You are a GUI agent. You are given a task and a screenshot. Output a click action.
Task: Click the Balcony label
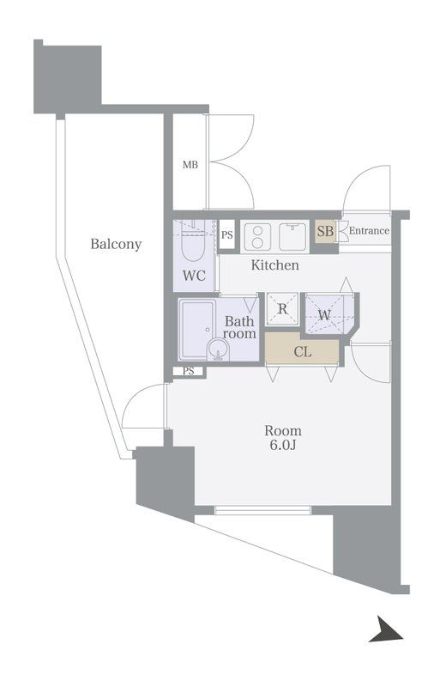(x=116, y=244)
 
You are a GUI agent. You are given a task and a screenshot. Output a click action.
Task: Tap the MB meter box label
(x=190, y=165)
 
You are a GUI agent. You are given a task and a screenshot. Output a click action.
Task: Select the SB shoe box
(x=325, y=232)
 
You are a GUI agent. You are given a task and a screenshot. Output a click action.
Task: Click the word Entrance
(x=369, y=230)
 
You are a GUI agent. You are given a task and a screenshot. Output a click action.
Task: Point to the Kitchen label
(x=275, y=265)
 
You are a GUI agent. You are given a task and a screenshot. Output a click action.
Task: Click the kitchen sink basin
(x=293, y=237)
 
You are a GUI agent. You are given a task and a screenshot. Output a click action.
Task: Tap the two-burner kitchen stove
(x=257, y=237)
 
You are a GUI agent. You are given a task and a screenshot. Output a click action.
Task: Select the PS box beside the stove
(x=226, y=234)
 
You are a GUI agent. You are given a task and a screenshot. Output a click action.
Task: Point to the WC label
(x=195, y=276)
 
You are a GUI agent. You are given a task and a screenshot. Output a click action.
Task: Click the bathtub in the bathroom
(x=196, y=330)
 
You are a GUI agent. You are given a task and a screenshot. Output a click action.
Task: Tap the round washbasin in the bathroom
(x=218, y=350)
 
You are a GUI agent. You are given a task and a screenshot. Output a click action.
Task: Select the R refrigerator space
(x=282, y=308)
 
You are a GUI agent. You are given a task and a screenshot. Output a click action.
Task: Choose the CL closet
(x=302, y=352)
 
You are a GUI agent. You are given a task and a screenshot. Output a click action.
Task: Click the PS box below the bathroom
(x=188, y=371)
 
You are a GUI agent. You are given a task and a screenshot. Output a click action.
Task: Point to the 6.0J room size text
(x=283, y=445)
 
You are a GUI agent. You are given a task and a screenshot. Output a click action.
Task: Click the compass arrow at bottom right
(x=385, y=630)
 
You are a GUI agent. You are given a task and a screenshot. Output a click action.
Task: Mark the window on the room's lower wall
(x=262, y=509)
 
